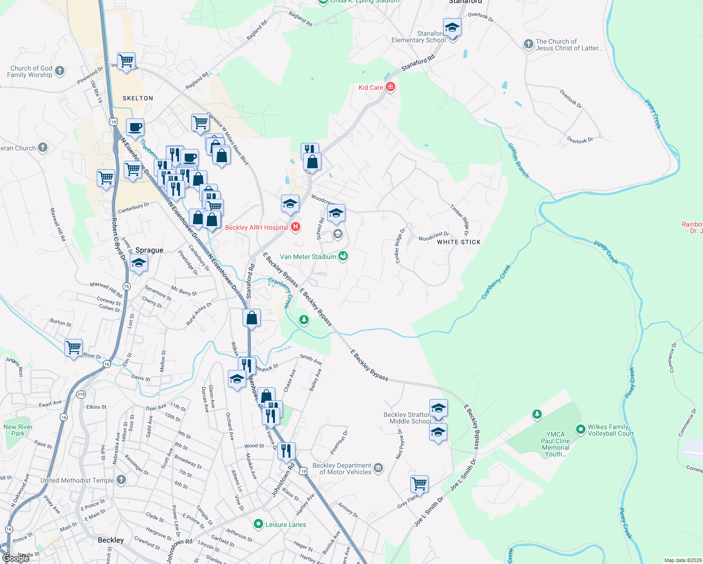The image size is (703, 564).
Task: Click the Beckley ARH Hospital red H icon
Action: tap(296, 227)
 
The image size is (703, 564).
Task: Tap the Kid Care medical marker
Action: tap(390, 87)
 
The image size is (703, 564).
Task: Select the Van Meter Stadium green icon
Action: tap(343, 256)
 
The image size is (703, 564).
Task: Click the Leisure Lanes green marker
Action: tap(258, 524)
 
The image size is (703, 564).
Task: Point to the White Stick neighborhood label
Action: tap(459, 242)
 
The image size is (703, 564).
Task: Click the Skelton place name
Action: tap(138, 98)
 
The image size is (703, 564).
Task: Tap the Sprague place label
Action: tap(149, 250)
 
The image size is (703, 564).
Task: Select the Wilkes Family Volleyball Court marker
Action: tap(581, 430)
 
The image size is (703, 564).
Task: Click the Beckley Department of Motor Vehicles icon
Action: tap(378, 468)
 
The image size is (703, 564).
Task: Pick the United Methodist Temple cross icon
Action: tap(121, 480)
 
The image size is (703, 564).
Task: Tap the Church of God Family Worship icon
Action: tap(59, 71)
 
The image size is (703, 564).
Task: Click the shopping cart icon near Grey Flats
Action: tap(419, 483)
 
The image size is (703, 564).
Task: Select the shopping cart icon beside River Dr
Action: tap(74, 348)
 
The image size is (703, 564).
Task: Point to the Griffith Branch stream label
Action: tap(518, 161)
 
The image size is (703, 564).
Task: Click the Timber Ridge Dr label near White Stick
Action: tap(460, 219)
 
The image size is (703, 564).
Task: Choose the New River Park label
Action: tap(18, 430)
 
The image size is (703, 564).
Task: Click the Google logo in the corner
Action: tap(16, 558)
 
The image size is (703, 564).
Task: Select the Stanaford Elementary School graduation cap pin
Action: tap(452, 28)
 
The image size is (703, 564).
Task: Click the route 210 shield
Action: tap(81, 394)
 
